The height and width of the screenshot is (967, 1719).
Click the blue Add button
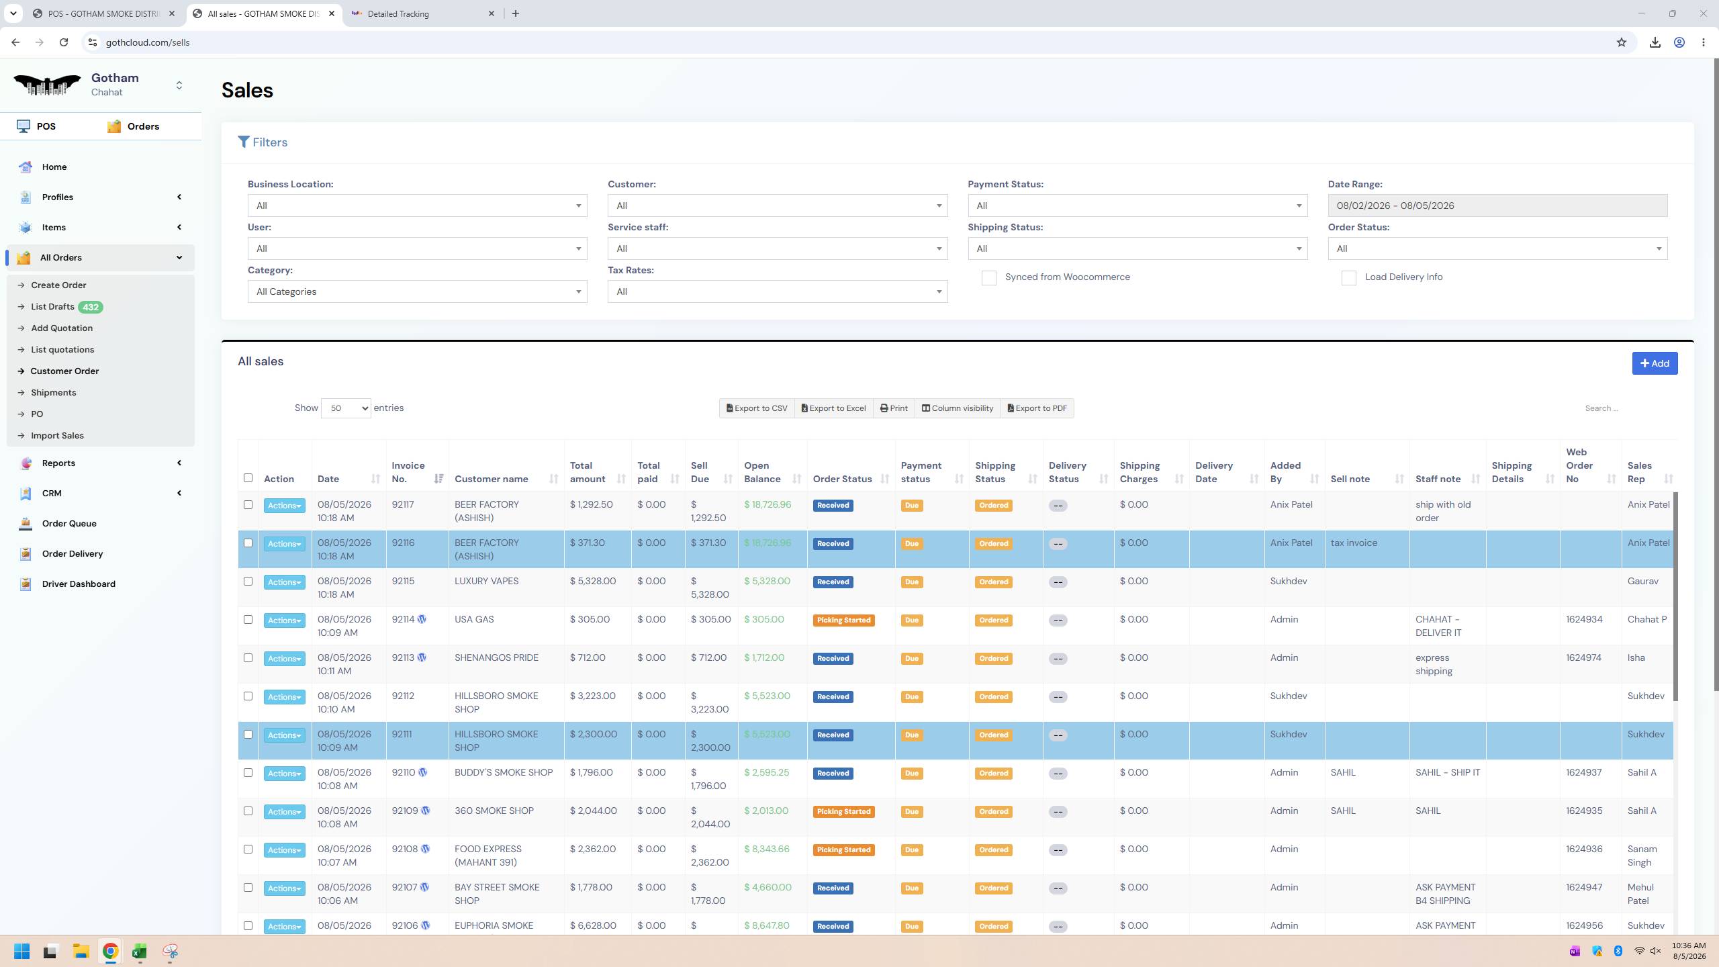coord(1655,363)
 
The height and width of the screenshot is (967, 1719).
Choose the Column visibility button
coord(957,408)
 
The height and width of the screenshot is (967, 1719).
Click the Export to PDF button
coord(1037,408)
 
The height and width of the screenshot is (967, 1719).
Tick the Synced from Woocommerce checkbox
coord(988,278)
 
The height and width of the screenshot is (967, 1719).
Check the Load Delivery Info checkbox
coord(1348,278)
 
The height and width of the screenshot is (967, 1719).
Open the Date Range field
coord(1497,205)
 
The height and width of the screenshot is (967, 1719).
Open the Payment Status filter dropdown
coord(1137,205)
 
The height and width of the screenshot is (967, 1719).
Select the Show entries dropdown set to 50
coord(346,408)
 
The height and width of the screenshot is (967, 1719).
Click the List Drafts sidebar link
coord(52,307)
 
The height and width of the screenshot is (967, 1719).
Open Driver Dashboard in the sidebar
coord(79,584)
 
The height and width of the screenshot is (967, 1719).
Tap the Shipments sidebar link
coord(53,393)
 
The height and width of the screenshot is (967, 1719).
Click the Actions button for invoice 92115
coord(284,582)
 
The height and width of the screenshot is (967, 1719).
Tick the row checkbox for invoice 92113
coord(248,658)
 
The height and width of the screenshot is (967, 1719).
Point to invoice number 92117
coord(403,505)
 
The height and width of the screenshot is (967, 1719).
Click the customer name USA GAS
coord(474,620)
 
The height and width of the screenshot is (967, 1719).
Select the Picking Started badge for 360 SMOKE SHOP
coord(843,812)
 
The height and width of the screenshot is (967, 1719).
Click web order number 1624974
coord(1584,658)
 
